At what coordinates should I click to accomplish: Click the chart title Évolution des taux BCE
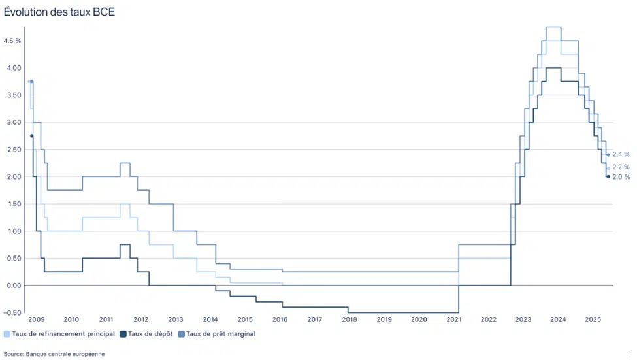pos(59,12)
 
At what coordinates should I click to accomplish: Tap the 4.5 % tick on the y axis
pos(12,41)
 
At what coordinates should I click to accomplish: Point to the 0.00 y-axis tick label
pos(12,286)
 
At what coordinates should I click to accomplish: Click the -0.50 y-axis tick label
pos(12,313)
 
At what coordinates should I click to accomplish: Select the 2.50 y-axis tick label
pos(12,150)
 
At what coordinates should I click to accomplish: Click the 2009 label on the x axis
pos(37,320)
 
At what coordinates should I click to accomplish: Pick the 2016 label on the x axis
pos(280,320)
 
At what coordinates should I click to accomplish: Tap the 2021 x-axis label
pos(453,320)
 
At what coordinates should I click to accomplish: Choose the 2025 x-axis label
pos(593,320)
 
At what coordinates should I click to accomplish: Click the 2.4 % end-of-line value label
pos(621,154)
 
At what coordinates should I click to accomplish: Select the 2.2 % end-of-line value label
pos(621,167)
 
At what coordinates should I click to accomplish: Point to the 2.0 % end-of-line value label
pos(621,177)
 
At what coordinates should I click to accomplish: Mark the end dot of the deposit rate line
pos(608,176)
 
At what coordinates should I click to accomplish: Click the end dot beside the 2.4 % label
pos(608,155)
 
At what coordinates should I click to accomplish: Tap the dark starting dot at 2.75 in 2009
pos(31,136)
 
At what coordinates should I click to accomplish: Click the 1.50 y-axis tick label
pos(12,204)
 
